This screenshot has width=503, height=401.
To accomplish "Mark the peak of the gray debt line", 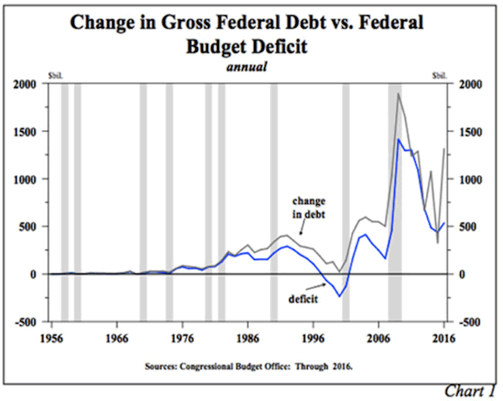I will click(x=397, y=94).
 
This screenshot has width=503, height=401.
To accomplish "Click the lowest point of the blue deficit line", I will click(x=340, y=297).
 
